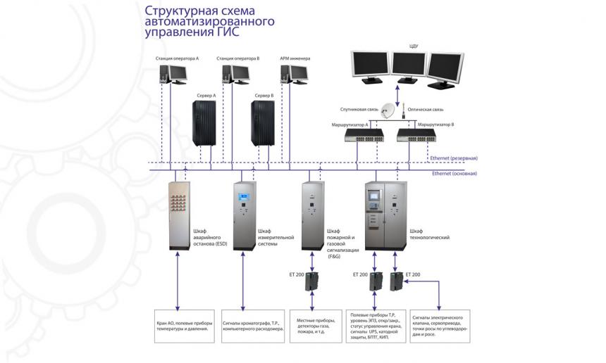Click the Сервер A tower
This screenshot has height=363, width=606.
(x=205, y=123)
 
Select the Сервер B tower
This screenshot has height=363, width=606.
(x=264, y=123)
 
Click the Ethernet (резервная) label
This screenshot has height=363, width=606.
(x=454, y=159)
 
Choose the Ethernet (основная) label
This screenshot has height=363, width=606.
(x=454, y=173)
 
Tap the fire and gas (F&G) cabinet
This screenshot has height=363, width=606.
(x=311, y=216)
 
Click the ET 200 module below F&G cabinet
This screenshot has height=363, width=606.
(x=312, y=281)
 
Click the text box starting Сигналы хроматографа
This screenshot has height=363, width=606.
(x=252, y=325)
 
